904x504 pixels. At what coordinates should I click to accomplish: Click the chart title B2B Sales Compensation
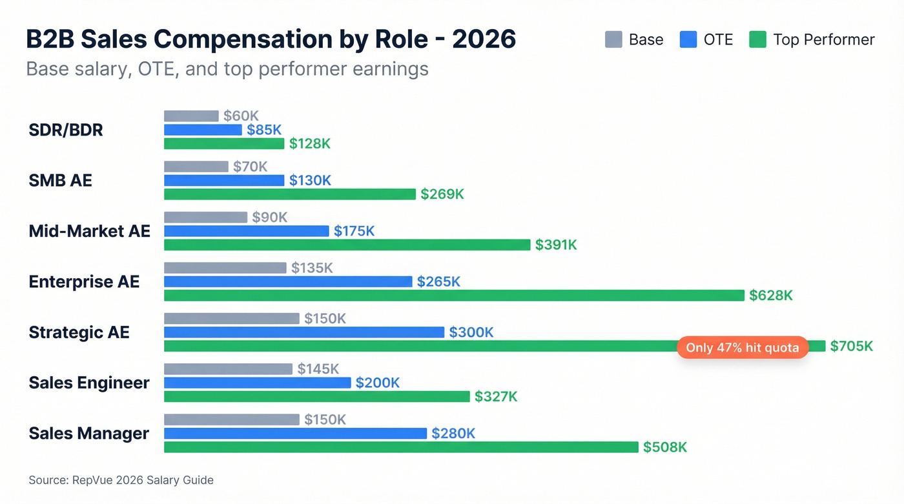point(271,39)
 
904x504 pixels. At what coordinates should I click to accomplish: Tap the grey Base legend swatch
point(613,40)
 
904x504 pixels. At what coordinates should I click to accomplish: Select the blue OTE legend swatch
point(688,40)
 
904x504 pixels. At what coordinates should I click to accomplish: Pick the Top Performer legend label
point(823,40)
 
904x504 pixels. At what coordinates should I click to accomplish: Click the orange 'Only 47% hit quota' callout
point(742,348)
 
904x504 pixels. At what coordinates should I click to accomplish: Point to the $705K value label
point(851,347)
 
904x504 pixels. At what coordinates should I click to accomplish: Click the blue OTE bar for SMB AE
point(224,181)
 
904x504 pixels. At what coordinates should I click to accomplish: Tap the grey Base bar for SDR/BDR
point(191,116)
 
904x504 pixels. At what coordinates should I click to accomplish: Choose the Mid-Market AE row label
point(89,231)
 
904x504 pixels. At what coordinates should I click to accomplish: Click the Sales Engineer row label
point(89,383)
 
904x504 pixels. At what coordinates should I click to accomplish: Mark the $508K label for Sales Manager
point(664,447)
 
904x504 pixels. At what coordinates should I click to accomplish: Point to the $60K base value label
point(241,116)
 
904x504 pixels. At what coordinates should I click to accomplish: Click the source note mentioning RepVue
point(121,480)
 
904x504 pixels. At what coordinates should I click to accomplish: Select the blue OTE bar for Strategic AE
point(304,332)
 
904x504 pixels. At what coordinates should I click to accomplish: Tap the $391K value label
point(556,245)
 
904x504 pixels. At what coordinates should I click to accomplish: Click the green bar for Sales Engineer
point(316,396)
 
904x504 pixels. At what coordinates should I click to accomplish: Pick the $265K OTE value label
point(438,282)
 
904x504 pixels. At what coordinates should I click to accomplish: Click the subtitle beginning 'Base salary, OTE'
point(227,69)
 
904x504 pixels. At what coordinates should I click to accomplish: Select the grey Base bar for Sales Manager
point(232,419)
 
